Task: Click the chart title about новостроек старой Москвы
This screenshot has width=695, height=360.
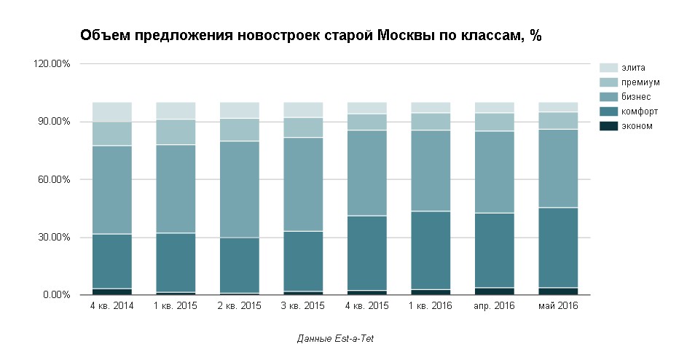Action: [310, 36]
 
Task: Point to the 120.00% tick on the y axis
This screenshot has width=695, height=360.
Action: [52, 64]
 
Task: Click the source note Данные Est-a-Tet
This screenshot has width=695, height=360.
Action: [336, 339]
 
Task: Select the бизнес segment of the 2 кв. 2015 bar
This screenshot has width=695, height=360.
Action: [240, 189]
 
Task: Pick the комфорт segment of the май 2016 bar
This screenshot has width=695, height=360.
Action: [558, 248]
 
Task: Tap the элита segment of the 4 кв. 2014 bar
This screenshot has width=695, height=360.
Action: [111, 111]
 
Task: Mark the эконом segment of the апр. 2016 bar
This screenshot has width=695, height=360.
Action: [495, 291]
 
